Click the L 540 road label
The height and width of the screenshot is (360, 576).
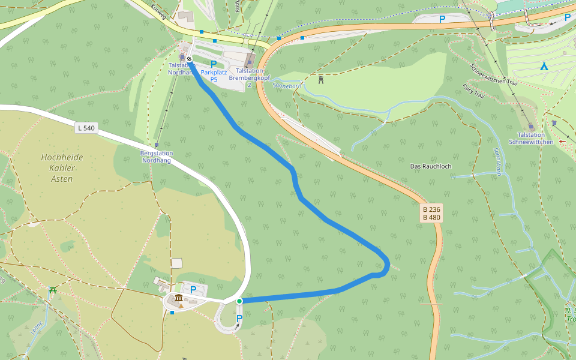tap(86, 128)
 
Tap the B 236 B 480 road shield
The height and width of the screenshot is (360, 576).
tap(431, 213)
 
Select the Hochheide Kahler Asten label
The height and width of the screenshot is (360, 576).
tap(62, 167)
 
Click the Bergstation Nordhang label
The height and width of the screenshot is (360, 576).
tap(156, 156)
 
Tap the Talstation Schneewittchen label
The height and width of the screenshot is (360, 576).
tap(530, 138)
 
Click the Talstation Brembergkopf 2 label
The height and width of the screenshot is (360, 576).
tap(249, 77)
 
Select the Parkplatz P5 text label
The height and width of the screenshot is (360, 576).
tap(214, 76)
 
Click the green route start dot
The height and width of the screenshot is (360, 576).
tap(239, 301)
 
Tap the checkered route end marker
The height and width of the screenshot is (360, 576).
tap(189, 59)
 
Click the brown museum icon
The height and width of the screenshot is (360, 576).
tap(179, 298)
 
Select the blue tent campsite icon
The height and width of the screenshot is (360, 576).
tap(544, 66)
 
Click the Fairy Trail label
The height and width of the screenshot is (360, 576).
tap(473, 91)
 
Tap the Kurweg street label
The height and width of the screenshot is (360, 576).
tap(158, 11)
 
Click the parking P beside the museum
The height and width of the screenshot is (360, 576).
tap(193, 290)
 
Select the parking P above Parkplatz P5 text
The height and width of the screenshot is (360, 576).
tap(214, 64)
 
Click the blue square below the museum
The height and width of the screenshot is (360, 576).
tap(172, 312)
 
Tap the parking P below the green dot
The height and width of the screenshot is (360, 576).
tap(239, 318)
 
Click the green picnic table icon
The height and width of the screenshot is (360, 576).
tap(52, 291)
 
